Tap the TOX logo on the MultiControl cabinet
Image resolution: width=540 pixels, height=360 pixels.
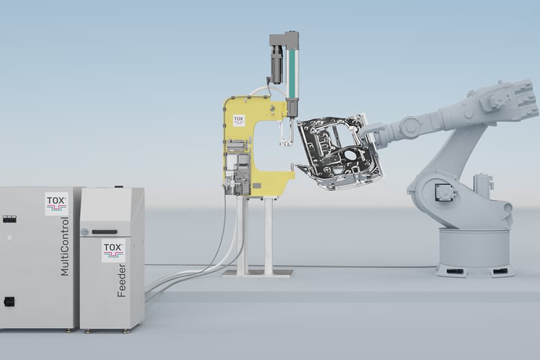click(x=57, y=203)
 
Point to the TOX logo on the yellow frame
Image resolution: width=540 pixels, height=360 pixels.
click(x=239, y=121)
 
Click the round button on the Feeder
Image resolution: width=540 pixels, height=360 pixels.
click(x=84, y=232)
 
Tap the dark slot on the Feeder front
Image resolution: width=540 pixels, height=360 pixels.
click(x=104, y=232)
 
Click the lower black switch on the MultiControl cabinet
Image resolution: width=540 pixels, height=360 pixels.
click(x=9, y=302)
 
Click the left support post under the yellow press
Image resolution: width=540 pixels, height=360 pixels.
click(x=242, y=235)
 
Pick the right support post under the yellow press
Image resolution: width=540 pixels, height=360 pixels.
click(x=268, y=235)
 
